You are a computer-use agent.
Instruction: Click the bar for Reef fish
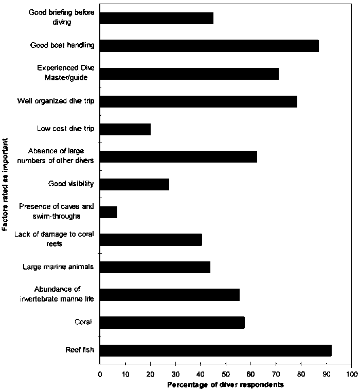(215, 350)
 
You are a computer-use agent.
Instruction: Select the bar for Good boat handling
(209, 45)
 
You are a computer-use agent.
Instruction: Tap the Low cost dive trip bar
(125, 129)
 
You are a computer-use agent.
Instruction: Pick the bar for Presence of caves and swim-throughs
(109, 211)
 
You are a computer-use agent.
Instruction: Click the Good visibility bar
(134, 184)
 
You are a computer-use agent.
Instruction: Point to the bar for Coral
(172, 323)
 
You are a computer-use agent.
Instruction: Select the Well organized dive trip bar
(199, 101)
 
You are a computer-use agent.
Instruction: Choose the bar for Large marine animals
(155, 267)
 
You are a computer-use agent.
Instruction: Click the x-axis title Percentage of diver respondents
(225, 384)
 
